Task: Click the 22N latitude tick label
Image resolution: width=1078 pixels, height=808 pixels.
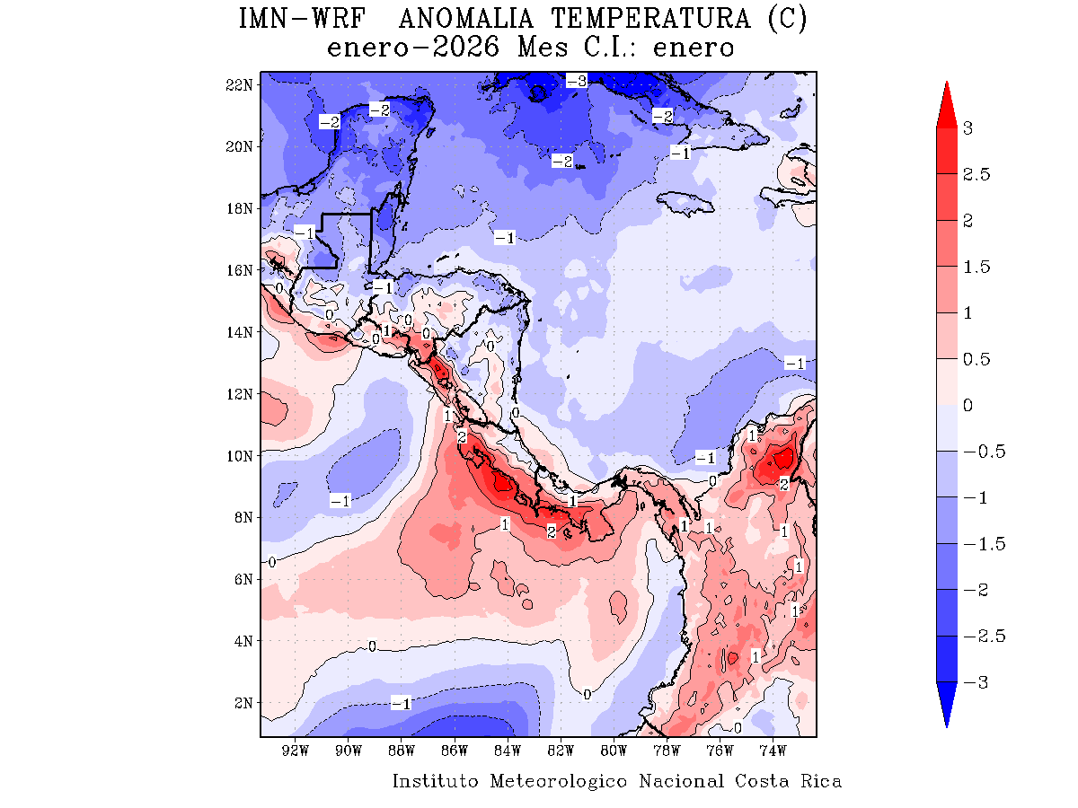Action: tap(238, 84)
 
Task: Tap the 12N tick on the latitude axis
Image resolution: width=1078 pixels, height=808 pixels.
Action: tap(238, 393)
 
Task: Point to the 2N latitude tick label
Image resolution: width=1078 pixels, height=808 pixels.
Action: tap(242, 702)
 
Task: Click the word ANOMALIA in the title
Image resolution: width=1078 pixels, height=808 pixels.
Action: tap(467, 20)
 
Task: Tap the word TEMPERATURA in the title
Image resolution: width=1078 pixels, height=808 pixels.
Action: tap(661, 20)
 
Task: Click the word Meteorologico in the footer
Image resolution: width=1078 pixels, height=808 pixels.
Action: tap(559, 781)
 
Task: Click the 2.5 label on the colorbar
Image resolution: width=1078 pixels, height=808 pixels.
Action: tap(976, 174)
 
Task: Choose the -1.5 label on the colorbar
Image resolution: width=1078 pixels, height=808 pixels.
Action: tap(982, 544)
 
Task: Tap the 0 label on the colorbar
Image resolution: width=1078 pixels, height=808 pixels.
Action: tap(968, 405)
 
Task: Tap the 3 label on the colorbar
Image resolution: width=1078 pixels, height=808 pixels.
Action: tap(968, 127)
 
